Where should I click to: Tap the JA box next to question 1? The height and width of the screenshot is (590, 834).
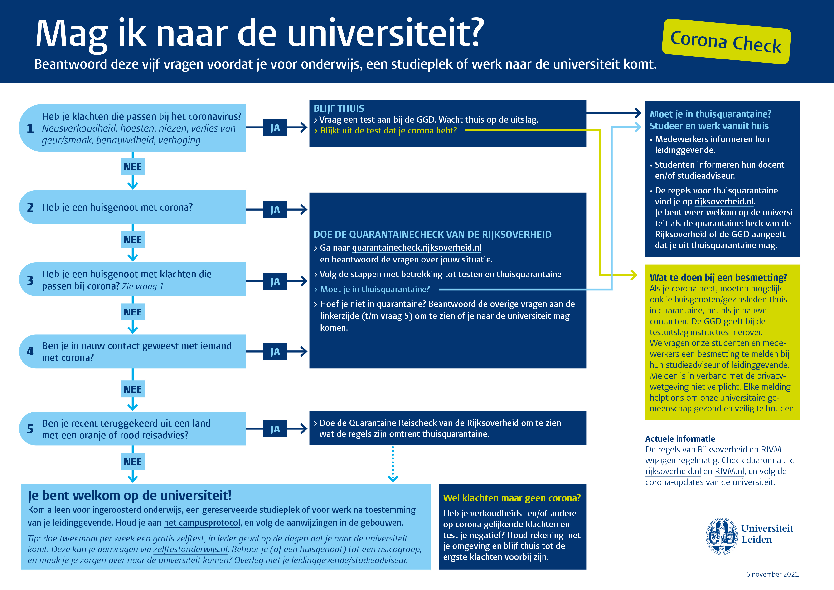275,128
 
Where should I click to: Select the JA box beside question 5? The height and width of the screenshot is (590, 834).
275,429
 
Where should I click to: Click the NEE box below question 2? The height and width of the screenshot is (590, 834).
133,240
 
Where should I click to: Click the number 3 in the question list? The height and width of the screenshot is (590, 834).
30,280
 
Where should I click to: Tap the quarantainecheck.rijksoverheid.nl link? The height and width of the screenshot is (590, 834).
417,248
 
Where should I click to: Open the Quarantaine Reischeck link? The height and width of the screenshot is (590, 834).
393,423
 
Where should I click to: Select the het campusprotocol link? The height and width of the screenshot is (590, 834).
202,523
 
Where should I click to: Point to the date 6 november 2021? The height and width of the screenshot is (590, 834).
772,574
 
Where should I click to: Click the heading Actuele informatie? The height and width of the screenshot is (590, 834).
680,439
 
